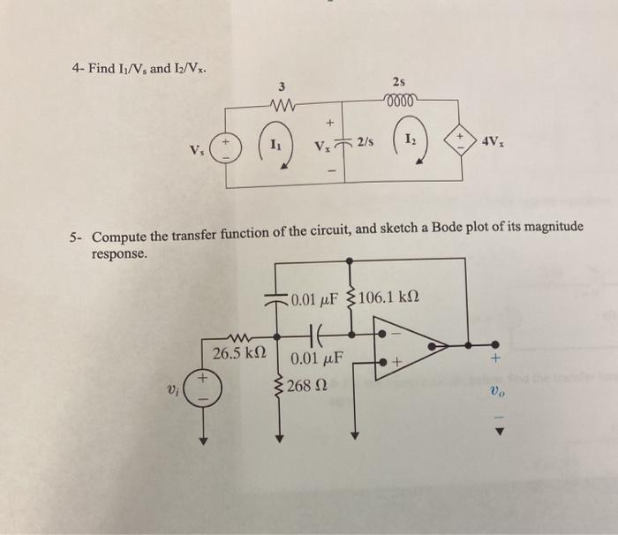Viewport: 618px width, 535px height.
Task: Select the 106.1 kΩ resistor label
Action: point(383,298)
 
